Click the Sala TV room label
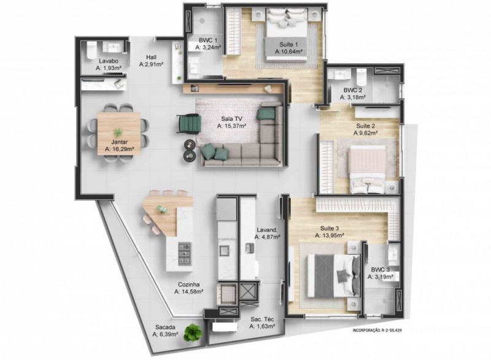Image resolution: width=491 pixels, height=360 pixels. pos(232,119)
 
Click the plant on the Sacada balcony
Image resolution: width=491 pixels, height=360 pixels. pos(193,332)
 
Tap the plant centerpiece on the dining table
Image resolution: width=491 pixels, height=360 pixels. pos(118,132)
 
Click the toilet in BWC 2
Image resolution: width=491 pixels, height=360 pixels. pos(361,77)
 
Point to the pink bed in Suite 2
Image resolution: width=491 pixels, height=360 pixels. pos(368,169)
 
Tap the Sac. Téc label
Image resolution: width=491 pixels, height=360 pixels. pos(262,320)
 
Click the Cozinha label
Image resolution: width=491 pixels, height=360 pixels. pos(189,285)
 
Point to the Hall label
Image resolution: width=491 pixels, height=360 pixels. pos(151,57)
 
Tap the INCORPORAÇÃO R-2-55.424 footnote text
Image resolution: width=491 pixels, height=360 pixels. pos(377,331)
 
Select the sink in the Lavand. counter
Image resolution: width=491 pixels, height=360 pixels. pos(250,248)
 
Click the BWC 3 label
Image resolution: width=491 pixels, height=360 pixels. pos(381,270)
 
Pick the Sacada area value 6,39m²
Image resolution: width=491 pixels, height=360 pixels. pos(165,334)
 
